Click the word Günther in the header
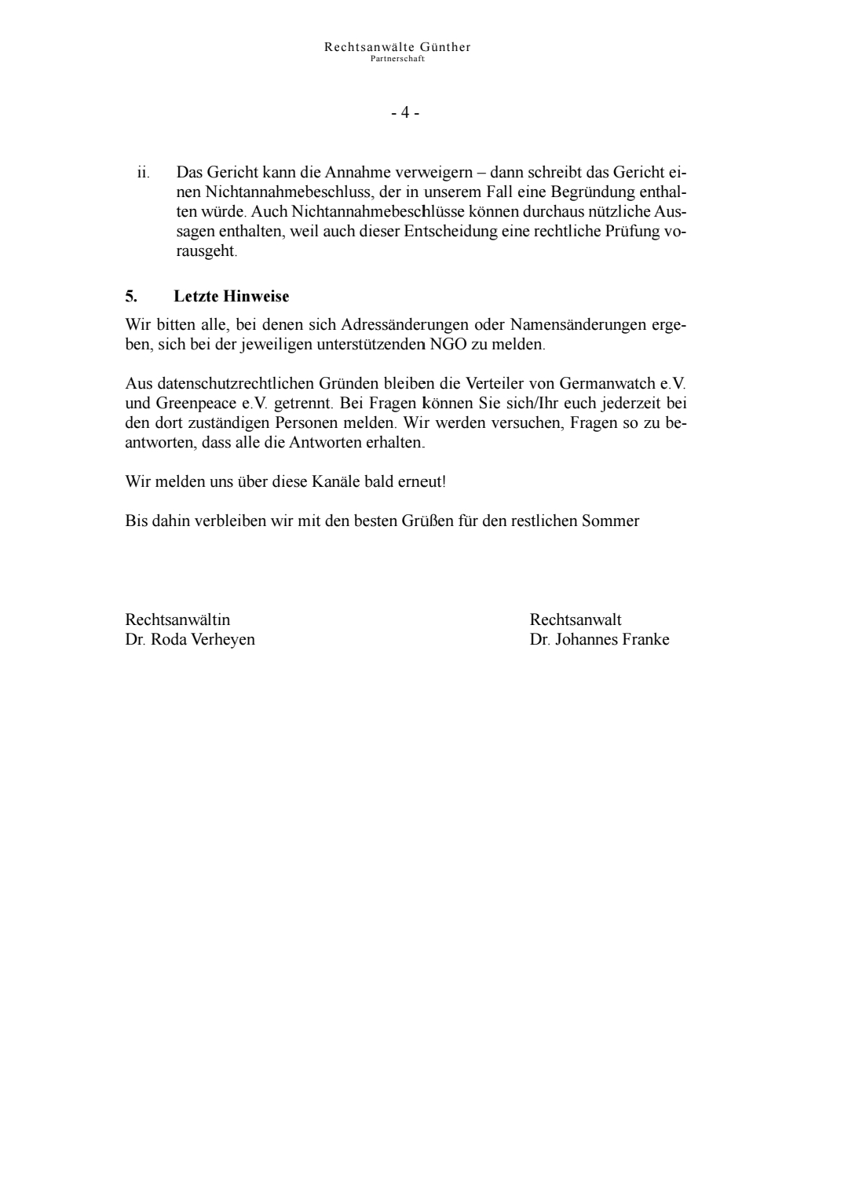coord(445,47)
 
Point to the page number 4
coord(405,113)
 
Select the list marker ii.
coord(143,172)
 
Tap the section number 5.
coord(130,296)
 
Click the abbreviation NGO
coord(448,345)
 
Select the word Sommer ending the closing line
coord(610,521)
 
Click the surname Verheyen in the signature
coord(223,639)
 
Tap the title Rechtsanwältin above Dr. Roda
coord(177,620)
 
